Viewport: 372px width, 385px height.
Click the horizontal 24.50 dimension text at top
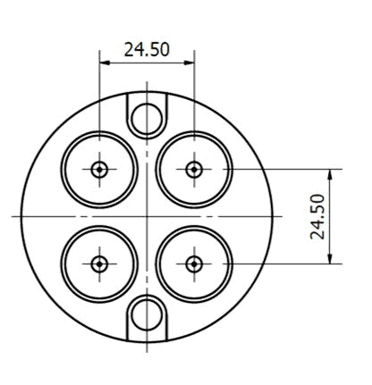(146, 50)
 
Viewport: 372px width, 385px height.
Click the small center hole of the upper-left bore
(98, 169)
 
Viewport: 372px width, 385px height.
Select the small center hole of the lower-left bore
(98, 264)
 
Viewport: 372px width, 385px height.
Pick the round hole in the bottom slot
(146, 315)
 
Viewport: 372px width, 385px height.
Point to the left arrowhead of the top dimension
(103, 63)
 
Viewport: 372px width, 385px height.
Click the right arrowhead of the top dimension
(189, 63)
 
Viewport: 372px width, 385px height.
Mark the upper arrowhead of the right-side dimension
(331, 173)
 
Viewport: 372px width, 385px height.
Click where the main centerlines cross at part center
(146, 216)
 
